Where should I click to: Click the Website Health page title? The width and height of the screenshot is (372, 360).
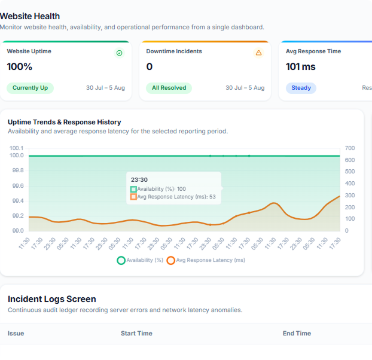tap(30, 16)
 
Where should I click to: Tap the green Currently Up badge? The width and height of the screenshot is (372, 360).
tap(30, 88)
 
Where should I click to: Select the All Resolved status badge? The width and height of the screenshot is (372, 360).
tap(169, 88)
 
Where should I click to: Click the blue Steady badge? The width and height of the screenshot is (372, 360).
tap(301, 88)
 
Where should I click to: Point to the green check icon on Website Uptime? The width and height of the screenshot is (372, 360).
tap(120, 53)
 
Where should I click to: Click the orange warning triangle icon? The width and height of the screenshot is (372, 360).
tap(258, 53)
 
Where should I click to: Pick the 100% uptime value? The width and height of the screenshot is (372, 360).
tap(20, 66)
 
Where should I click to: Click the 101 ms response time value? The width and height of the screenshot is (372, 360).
tap(301, 66)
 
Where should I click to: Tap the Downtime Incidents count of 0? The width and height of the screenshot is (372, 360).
tap(150, 66)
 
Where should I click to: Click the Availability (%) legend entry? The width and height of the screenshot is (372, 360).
tap(140, 260)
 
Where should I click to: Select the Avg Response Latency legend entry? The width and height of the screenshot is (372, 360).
tap(206, 260)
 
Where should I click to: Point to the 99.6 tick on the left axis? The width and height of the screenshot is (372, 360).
tap(18, 186)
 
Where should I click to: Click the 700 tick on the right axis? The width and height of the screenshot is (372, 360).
tap(350, 148)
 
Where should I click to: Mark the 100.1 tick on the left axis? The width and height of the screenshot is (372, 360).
tap(17, 148)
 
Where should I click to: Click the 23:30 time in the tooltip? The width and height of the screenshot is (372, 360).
tap(139, 180)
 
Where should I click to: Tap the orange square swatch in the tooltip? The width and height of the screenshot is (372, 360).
tap(133, 197)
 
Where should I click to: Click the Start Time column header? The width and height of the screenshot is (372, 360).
tap(136, 333)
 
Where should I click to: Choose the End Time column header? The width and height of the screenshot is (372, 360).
tap(297, 333)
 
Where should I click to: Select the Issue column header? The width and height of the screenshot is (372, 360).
tap(16, 333)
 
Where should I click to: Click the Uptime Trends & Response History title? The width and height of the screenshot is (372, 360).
tap(65, 122)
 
